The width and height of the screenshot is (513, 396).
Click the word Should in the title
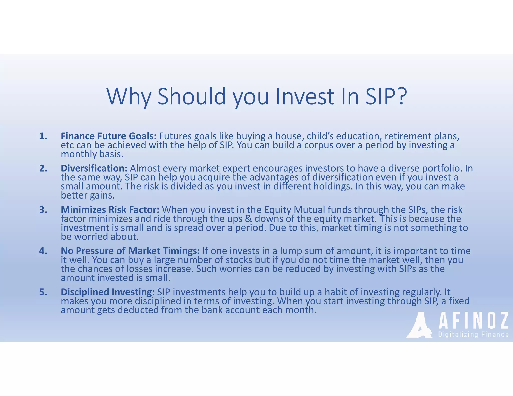[x=192, y=96]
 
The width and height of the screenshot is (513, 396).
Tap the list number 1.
[x=43, y=136]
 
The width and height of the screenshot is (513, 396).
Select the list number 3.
[x=43, y=210]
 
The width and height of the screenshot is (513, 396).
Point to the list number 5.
[x=43, y=292]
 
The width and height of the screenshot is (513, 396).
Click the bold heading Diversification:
[x=94, y=168]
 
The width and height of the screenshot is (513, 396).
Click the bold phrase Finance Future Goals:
[x=109, y=136]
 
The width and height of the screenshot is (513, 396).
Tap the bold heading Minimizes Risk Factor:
[x=110, y=210]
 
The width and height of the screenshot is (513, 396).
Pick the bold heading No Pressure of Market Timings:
[x=130, y=251]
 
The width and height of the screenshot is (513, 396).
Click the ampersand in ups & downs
[x=248, y=219]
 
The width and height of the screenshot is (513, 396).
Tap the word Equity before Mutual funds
[x=278, y=210]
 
